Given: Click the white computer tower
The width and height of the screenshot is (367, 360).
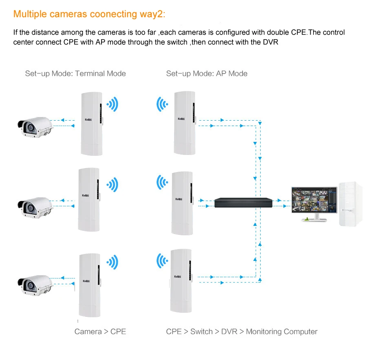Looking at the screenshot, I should coord(350,204).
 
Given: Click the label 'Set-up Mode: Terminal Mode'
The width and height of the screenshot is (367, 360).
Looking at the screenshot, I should coord(75,74).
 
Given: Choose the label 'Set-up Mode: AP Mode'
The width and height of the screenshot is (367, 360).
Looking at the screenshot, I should coord(207,74).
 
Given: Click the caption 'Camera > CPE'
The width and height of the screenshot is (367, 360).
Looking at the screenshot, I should coord(100,331).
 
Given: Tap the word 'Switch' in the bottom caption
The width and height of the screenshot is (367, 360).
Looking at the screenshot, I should coord(201,331).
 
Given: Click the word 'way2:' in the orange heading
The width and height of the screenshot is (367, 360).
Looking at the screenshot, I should coord(152,14).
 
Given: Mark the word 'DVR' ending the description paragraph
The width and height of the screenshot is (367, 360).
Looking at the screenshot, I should coord(270,42).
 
